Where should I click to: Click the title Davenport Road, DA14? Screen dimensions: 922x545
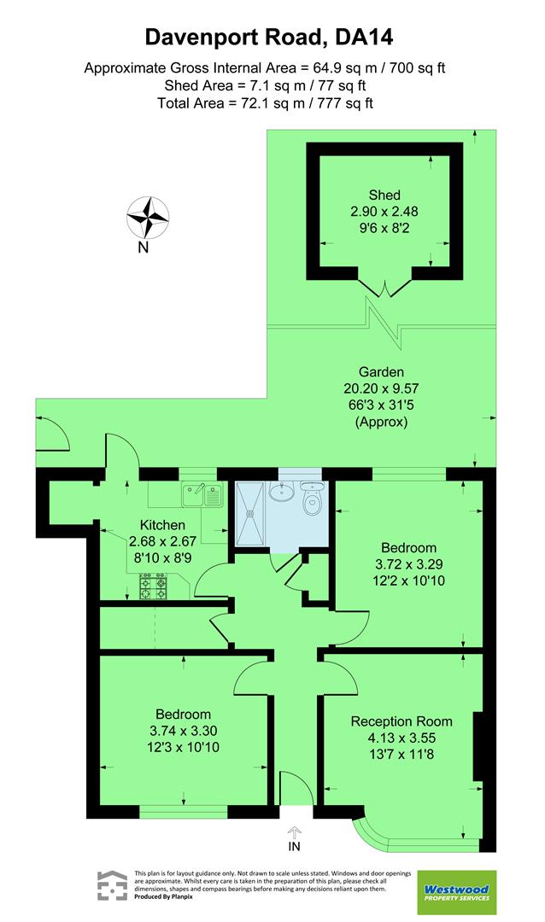(272, 37)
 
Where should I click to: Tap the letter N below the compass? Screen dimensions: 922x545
(144, 248)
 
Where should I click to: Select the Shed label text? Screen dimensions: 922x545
(384, 195)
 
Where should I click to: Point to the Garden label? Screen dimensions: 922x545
(381, 371)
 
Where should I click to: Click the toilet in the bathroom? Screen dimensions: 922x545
(313, 496)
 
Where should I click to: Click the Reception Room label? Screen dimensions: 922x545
(401, 721)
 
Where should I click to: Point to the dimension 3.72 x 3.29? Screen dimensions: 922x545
(408, 564)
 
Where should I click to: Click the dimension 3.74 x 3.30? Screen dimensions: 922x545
(183, 731)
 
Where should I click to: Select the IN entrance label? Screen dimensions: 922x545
(295, 847)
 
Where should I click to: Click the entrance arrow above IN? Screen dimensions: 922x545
(295, 830)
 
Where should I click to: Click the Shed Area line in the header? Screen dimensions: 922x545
(272, 85)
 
